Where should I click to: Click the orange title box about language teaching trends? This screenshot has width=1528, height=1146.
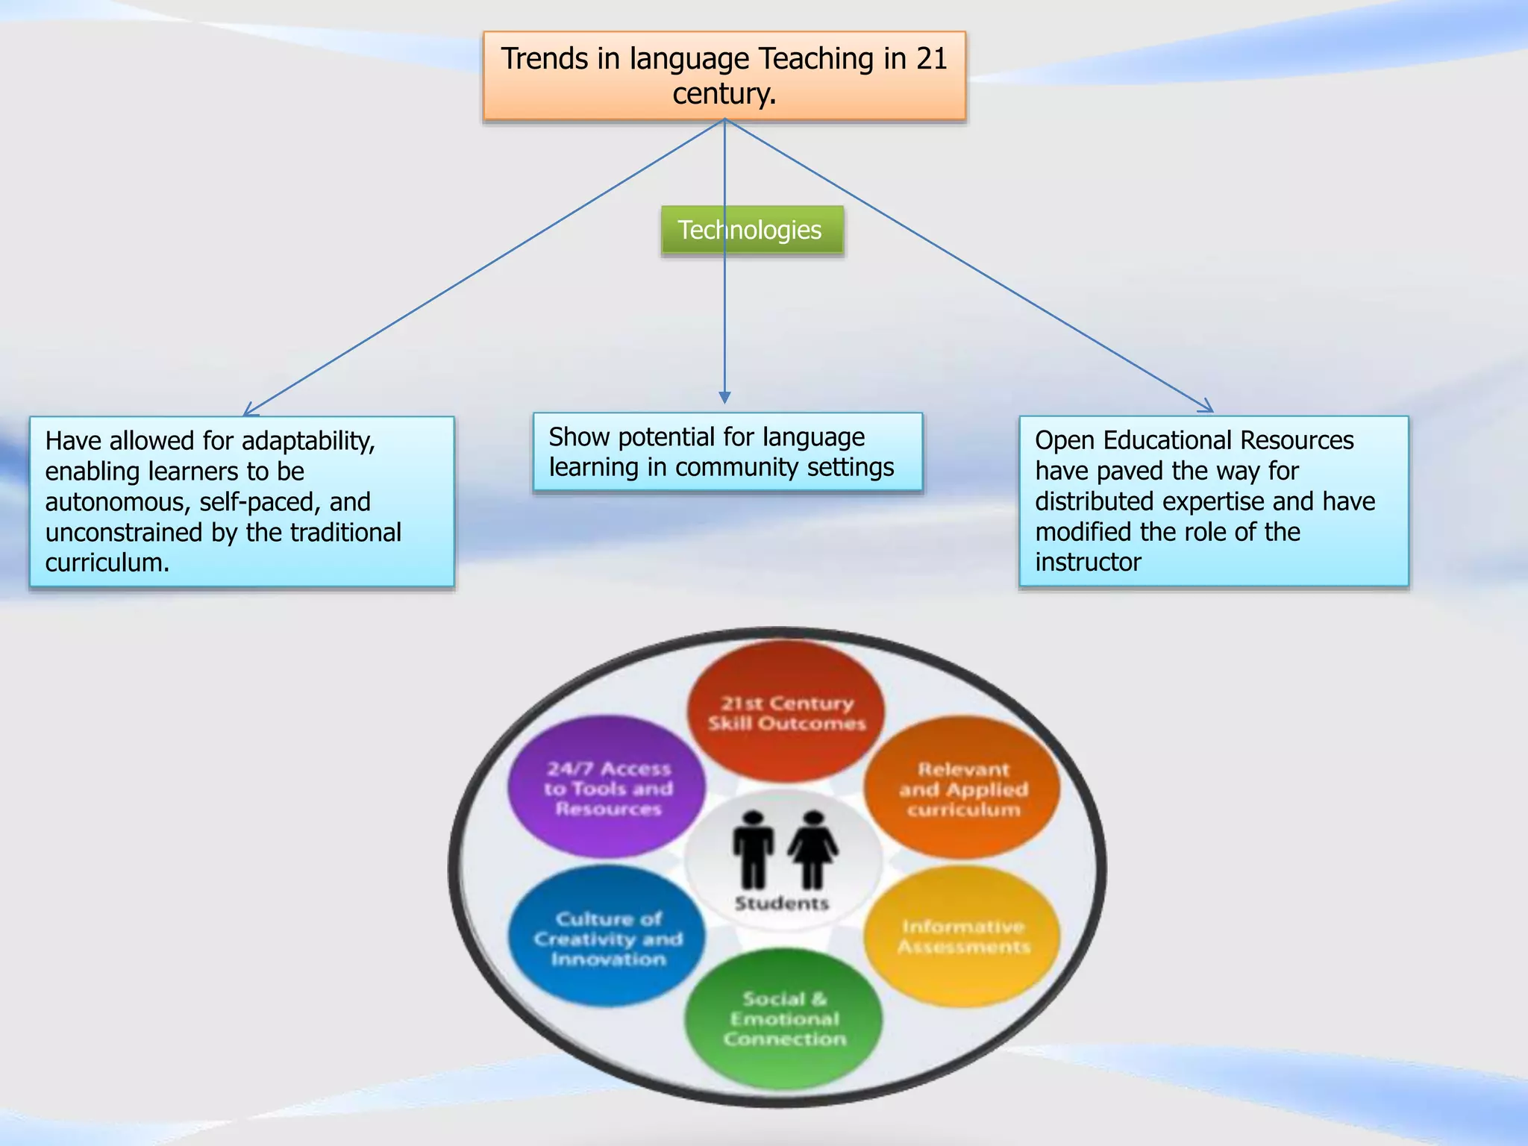click(x=724, y=75)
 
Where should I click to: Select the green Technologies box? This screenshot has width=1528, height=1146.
click(x=751, y=231)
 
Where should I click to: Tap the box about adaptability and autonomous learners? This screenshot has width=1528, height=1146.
click(x=242, y=501)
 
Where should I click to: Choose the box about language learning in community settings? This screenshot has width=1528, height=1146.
click(x=727, y=452)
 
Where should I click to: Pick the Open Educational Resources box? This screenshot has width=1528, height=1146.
click(x=1213, y=501)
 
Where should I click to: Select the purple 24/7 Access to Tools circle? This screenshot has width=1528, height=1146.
click(x=607, y=787)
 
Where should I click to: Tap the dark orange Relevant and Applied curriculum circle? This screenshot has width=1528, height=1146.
click(x=962, y=788)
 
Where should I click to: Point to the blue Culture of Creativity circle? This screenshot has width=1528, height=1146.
click(x=607, y=937)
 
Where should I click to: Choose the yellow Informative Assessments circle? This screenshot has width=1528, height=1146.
click(x=962, y=936)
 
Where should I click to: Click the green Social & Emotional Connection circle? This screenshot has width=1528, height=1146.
click(x=783, y=1018)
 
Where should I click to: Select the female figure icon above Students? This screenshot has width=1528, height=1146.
click(x=812, y=849)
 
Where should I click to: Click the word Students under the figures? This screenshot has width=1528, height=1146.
click(x=782, y=904)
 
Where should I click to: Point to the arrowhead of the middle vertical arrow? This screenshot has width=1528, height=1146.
click(x=724, y=398)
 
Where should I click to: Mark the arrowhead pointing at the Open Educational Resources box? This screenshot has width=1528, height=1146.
click(x=1206, y=407)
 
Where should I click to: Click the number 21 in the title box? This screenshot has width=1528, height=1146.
click(x=931, y=59)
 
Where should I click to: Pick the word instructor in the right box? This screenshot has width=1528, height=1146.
click(x=1088, y=562)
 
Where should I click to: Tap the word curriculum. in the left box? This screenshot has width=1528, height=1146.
click(x=107, y=563)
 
